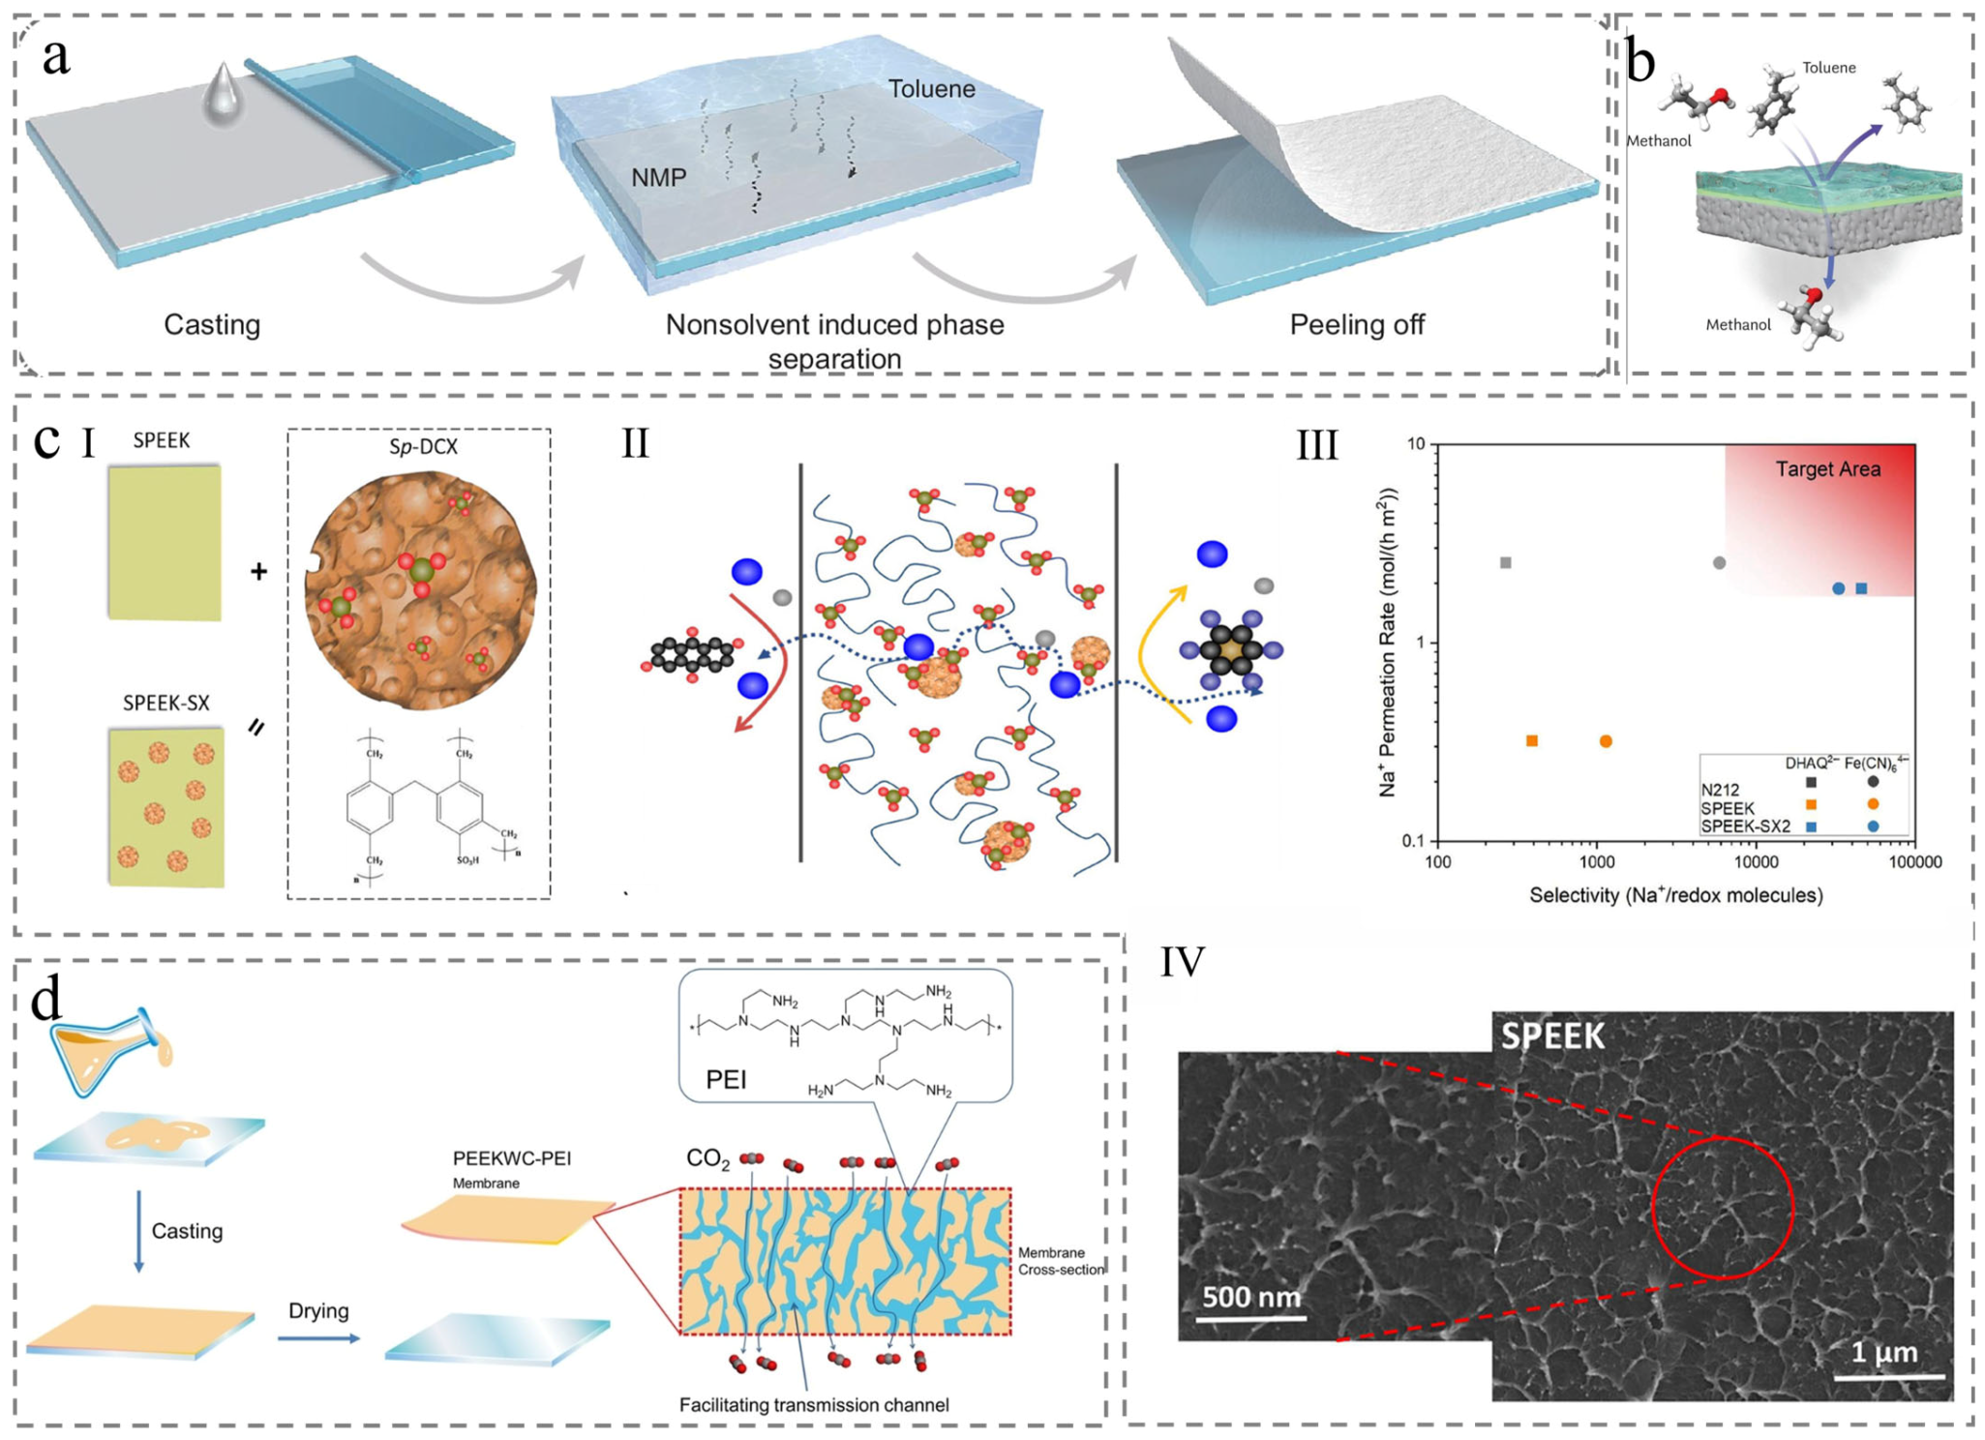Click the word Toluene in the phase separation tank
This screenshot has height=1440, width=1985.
[x=931, y=89]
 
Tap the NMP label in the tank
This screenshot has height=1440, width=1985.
[x=658, y=177]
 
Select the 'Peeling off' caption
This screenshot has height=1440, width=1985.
[x=1356, y=324]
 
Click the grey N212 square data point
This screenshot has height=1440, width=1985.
[x=1505, y=562]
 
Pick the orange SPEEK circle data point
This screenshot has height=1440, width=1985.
[x=1606, y=741]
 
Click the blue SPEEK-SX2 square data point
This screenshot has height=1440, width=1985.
[x=1861, y=588]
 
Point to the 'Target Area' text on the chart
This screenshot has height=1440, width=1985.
[x=1827, y=469]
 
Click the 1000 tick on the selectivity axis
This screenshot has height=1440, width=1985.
[x=1596, y=862]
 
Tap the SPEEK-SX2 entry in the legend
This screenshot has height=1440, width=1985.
[x=1745, y=826]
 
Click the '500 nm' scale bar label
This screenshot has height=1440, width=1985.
[x=1250, y=1297]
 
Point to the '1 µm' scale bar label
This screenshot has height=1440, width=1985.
[x=1883, y=1352]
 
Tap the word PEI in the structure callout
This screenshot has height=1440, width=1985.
[x=726, y=1079]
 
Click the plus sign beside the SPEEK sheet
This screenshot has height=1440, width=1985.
[x=258, y=572]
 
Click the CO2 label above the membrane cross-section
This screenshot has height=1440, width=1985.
[x=707, y=1158]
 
